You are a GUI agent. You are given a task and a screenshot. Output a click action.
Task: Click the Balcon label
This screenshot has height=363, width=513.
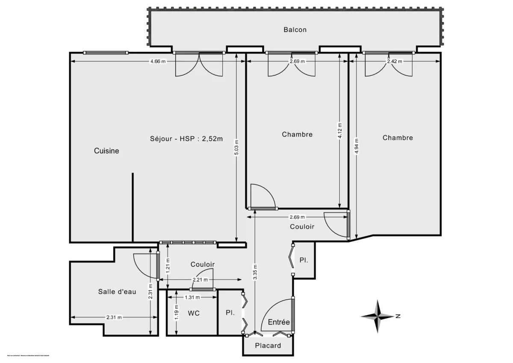[x=295, y=30]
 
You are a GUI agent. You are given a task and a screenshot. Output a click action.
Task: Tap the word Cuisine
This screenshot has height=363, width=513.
[x=106, y=151]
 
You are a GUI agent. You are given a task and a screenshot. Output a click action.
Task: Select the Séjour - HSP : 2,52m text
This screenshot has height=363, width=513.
[x=187, y=139]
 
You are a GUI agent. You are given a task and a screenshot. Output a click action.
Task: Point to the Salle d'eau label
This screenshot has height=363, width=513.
[x=117, y=292]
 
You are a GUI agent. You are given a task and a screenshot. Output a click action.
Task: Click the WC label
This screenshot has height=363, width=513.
[x=194, y=313]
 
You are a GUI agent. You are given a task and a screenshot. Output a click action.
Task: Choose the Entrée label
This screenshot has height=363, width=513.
[x=279, y=322]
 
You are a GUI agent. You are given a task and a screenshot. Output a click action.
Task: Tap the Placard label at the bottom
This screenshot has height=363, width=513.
[x=268, y=345]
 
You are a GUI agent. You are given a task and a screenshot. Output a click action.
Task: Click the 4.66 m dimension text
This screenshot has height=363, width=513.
[x=158, y=61]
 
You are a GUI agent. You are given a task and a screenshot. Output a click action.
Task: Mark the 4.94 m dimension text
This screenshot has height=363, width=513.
[x=357, y=145]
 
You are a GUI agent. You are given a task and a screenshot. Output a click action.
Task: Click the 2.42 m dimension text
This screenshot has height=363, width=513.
[x=394, y=61]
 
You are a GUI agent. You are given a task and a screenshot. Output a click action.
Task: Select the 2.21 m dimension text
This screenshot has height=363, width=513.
[x=200, y=280]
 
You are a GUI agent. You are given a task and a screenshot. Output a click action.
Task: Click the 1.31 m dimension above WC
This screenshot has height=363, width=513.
[x=192, y=297]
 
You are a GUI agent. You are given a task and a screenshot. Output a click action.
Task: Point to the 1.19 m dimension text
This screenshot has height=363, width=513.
[x=177, y=312]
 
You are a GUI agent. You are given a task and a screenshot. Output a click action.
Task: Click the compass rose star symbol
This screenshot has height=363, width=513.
[x=377, y=316]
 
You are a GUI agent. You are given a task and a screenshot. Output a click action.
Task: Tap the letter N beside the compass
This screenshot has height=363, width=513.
[x=398, y=316]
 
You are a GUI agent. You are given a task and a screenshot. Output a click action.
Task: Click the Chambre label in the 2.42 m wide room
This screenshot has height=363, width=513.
[x=398, y=138]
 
